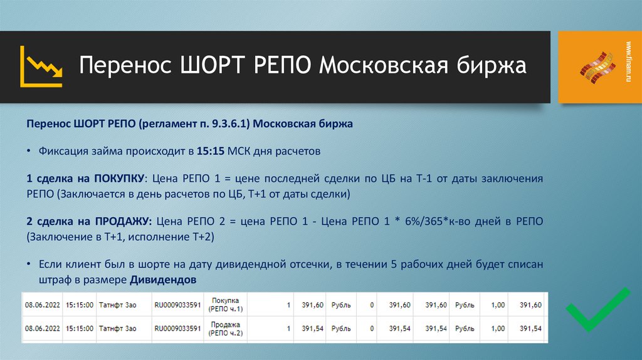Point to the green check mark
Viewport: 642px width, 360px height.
[597, 309]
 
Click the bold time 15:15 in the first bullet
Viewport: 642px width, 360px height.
[209, 151]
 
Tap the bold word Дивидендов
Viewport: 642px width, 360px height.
[163, 279]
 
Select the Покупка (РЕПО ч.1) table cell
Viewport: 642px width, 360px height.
[227, 305]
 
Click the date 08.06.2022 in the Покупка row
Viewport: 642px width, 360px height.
[42, 305]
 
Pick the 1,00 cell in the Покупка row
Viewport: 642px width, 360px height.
[497, 305]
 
